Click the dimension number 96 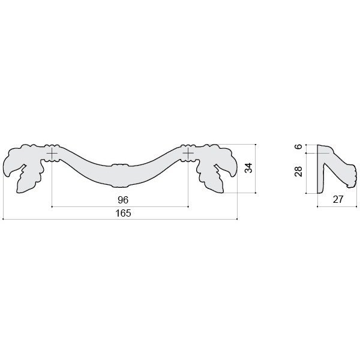[x=123, y=200]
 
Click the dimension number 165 [x=123, y=213]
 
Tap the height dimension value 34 [x=248, y=168]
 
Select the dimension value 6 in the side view [x=298, y=146]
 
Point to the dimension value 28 [x=298, y=171]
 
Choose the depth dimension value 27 [x=338, y=200]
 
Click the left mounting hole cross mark [x=52, y=153]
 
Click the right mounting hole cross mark [x=188, y=153]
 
